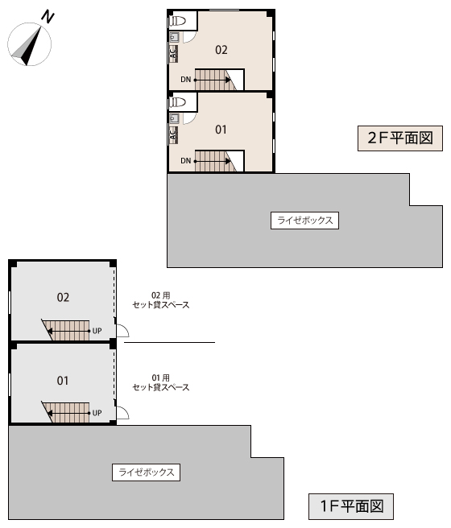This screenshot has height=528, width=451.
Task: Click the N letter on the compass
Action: tap(48, 17)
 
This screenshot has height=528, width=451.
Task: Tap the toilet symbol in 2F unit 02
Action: tap(177, 21)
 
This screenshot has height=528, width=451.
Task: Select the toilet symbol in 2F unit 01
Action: tap(177, 102)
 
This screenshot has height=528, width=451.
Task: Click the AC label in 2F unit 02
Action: tap(173, 53)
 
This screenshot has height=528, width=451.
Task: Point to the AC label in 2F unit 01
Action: tap(173, 134)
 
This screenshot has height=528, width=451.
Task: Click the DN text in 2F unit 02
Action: tap(185, 80)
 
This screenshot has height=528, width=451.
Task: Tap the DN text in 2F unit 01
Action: tap(185, 161)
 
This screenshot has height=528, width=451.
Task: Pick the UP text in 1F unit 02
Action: tap(97, 331)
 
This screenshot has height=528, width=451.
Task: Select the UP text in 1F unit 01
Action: tap(97, 413)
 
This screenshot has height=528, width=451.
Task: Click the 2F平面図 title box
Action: tap(400, 138)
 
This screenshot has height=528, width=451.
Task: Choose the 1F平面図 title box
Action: tap(351, 506)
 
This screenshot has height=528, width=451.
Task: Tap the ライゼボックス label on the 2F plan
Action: tap(304, 221)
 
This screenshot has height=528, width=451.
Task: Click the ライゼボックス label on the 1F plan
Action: tap(147, 472)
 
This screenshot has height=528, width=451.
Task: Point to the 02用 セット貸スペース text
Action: tap(160, 300)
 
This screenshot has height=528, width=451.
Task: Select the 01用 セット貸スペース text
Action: tap(160, 382)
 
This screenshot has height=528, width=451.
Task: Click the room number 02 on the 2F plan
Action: tap(221, 50)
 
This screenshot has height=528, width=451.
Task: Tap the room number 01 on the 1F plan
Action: tap(63, 381)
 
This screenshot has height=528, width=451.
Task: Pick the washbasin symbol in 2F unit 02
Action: tap(174, 37)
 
